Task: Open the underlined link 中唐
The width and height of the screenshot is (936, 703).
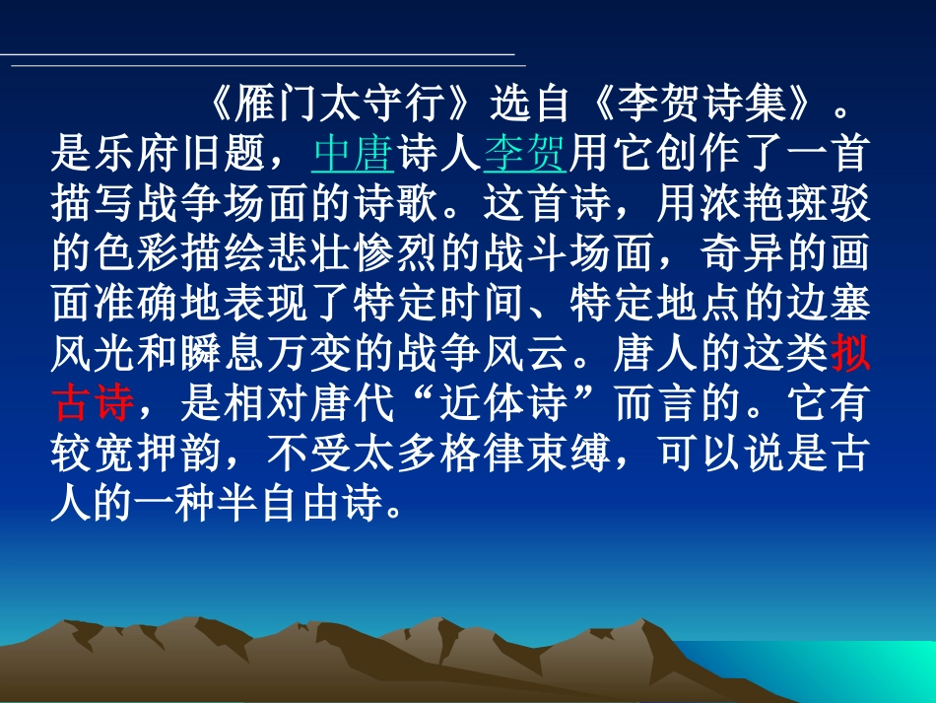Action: coord(353,154)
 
